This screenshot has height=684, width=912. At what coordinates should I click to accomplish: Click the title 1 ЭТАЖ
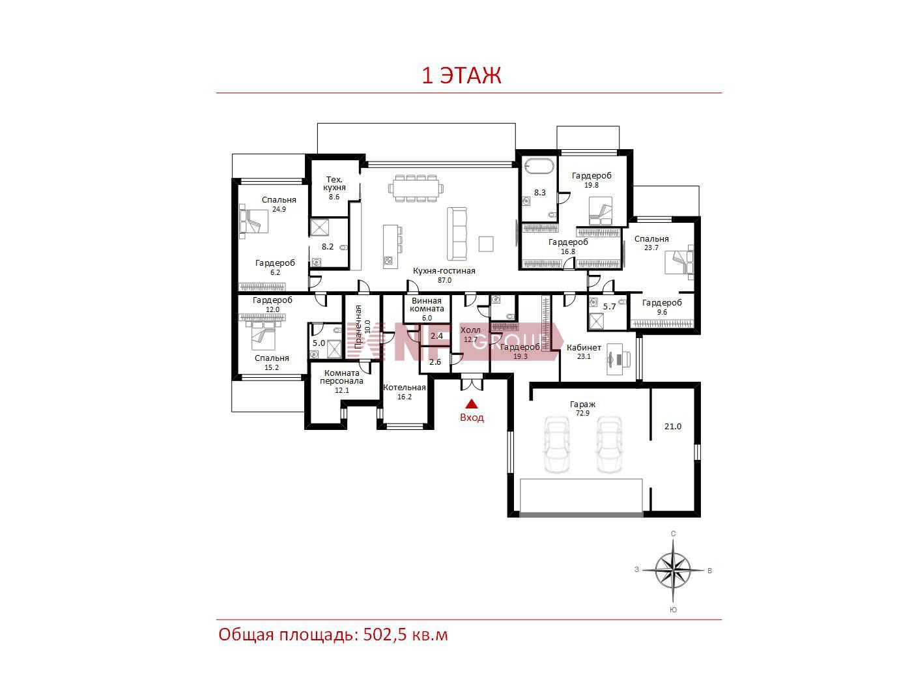tap(461, 76)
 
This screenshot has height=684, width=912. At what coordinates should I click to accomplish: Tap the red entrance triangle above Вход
tap(471, 403)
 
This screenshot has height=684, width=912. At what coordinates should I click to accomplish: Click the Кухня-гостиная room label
tap(444, 271)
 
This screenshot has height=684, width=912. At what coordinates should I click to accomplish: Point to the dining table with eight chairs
tap(416, 188)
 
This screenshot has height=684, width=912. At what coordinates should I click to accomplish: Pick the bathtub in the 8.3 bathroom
tap(539, 167)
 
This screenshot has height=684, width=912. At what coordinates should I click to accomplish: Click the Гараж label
tap(582, 404)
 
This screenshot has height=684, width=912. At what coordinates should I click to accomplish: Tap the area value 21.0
tap(673, 426)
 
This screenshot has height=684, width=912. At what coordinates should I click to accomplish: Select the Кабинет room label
tap(584, 348)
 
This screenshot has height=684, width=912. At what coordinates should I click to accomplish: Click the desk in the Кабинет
tap(618, 359)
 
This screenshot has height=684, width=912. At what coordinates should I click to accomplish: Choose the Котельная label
tap(405, 388)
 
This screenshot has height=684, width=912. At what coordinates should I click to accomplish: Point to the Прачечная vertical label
tap(358, 327)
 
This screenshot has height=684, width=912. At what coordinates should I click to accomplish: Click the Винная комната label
tap(427, 305)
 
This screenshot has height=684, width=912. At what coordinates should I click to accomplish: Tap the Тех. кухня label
tap(334, 184)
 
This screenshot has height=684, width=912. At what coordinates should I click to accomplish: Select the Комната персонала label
tap(341, 377)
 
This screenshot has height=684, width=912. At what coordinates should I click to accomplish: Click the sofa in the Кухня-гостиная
tap(457, 234)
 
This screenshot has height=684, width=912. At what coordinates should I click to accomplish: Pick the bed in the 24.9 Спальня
tap(253, 221)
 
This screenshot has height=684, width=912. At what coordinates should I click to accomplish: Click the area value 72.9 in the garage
tap(582, 413)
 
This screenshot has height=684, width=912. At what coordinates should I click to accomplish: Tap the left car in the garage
tap(556, 445)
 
